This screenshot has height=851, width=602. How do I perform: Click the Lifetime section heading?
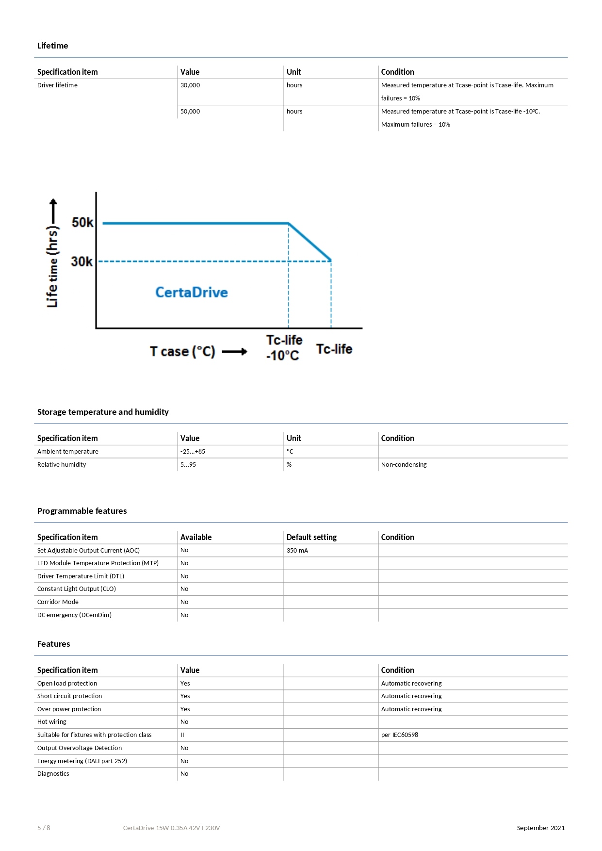(x=52, y=46)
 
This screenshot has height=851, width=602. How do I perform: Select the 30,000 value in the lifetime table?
(x=190, y=85)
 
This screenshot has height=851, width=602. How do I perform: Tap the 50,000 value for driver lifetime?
(x=190, y=112)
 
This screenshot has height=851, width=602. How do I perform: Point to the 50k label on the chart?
(x=82, y=223)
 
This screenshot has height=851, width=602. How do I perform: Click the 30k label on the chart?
(x=81, y=262)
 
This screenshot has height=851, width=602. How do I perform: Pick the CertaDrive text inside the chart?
(x=191, y=293)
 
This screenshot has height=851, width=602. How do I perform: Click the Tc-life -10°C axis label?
(x=284, y=348)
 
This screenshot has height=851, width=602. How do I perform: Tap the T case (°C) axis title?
(x=182, y=351)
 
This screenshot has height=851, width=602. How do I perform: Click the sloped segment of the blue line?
(x=310, y=242)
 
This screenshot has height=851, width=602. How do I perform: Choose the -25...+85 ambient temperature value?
(x=193, y=452)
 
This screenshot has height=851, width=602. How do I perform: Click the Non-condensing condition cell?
(x=404, y=465)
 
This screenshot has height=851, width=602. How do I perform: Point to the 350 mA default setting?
(x=297, y=551)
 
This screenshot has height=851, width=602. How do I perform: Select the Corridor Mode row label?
(x=58, y=602)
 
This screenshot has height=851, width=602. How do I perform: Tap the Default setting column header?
(x=311, y=537)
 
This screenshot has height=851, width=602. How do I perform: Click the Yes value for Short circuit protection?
(x=185, y=696)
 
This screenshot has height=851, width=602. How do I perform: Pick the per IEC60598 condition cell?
(x=399, y=735)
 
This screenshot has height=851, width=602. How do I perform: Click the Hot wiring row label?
(x=52, y=722)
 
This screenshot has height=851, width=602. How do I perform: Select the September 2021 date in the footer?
(x=540, y=828)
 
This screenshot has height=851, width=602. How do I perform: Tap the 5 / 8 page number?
(x=44, y=828)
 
